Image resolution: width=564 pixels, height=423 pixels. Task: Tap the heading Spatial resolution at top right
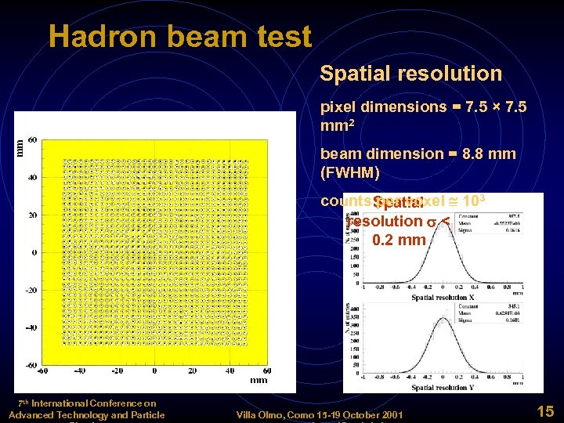410,74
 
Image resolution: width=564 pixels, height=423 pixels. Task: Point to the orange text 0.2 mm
399,240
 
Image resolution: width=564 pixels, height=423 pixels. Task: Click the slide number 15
545,410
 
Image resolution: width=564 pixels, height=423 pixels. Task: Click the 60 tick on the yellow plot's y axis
32,139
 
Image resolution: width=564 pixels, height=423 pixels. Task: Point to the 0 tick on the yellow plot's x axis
154,371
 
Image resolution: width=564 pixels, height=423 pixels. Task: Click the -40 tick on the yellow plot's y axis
30,327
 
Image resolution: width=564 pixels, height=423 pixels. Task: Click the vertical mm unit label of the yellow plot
20,146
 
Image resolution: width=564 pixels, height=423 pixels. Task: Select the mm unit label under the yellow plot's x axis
258,380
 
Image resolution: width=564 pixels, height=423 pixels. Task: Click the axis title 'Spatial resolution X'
444,298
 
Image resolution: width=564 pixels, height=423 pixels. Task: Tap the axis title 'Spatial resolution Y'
444,388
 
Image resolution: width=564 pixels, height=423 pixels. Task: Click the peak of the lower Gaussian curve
444,319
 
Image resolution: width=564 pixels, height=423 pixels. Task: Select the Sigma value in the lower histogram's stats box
509,320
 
